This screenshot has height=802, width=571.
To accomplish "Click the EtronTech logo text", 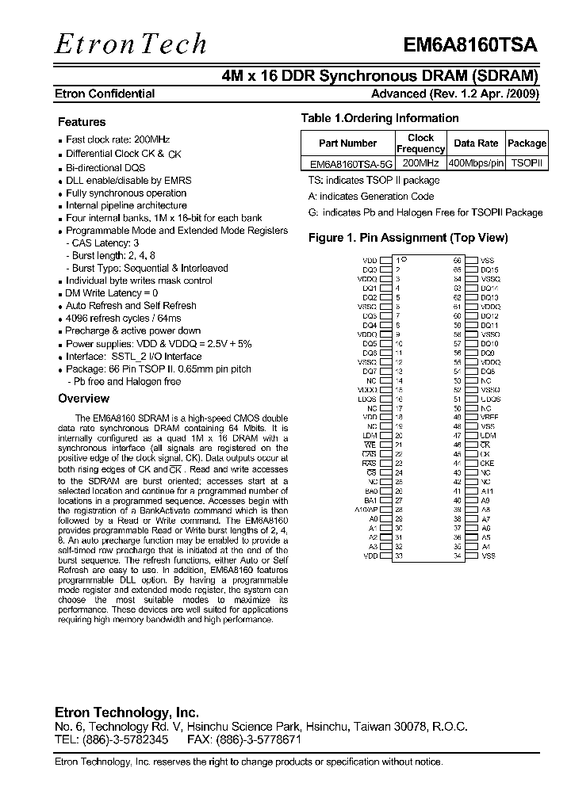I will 131,44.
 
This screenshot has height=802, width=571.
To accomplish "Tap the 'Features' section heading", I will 82,122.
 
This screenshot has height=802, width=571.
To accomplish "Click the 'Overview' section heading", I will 84,399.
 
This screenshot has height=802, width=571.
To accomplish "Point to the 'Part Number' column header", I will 347,143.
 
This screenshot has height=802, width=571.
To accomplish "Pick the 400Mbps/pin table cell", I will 476,163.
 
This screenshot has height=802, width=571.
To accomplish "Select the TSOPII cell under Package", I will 527,163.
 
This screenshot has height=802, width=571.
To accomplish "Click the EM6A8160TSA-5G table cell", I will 347,163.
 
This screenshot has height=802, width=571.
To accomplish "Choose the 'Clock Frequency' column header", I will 420,143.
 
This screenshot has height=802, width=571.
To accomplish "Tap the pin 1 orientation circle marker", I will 404,259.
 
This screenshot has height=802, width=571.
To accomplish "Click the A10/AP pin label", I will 366,510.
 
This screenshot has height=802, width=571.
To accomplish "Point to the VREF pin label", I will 489,417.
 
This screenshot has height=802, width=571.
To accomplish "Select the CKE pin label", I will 487,464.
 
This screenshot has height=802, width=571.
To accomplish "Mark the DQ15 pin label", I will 489,269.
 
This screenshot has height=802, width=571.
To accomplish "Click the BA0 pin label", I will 370,491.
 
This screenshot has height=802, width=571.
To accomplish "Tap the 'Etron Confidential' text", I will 105,94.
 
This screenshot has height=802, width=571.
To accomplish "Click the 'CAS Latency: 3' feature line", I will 105,243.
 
